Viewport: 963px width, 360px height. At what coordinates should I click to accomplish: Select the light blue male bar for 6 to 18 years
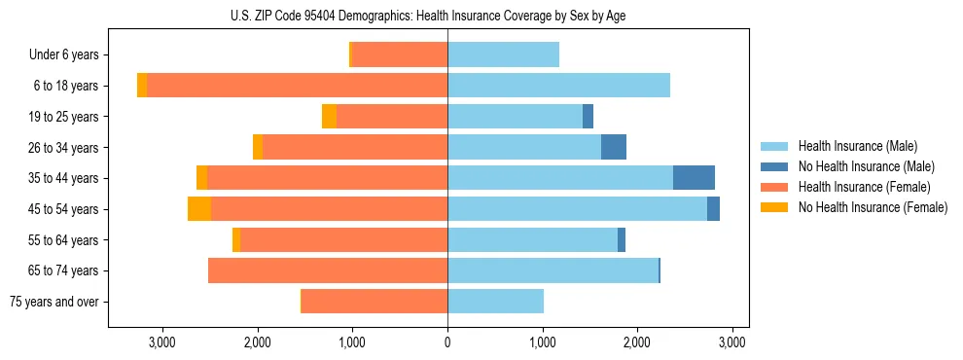(558, 86)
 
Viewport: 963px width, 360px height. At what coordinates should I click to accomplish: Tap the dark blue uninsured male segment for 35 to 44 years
(694, 178)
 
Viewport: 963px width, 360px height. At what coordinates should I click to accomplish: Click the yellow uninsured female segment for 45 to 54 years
(199, 209)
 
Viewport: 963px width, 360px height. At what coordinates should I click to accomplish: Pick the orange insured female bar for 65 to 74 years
(328, 270)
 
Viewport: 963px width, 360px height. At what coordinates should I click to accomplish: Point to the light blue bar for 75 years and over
(495, 302)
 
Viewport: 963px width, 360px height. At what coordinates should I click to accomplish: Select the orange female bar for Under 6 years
(399, 54)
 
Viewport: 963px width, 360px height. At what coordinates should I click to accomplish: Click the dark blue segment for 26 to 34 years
(614, 147)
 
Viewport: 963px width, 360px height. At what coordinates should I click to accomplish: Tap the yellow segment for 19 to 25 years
(329, 117)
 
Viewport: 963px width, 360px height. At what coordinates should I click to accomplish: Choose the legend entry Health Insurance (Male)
(857, 146)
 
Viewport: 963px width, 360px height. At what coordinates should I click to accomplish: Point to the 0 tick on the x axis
(447, 342)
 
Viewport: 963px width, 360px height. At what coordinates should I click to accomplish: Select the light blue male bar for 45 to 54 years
(577, 209)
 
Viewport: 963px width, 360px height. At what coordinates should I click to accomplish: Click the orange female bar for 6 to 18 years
(297, 86)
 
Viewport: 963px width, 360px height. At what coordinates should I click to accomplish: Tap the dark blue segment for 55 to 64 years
(622, 240)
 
